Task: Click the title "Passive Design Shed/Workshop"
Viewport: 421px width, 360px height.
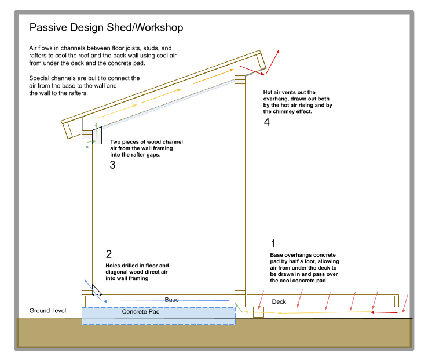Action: pos(106,28)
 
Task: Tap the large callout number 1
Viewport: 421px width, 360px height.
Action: pos(273,243)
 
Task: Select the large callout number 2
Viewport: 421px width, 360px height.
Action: pos(109,254)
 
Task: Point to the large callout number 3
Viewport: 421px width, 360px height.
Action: pos(112,165)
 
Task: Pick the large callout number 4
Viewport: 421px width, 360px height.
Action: pos(266,122)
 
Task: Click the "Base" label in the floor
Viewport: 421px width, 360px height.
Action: pos(171,300)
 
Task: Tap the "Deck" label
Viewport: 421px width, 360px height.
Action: pos(279,301)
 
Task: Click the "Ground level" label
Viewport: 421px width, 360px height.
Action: pos(47,311)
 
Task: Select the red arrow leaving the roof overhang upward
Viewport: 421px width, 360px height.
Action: pos(273,61)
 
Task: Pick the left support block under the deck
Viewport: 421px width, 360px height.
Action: pos(258,312)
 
